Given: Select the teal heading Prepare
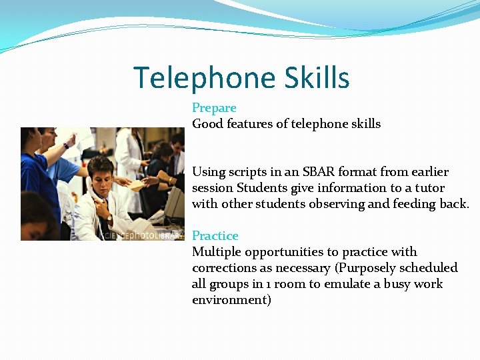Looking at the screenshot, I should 214,108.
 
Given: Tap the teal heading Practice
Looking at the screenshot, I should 215,236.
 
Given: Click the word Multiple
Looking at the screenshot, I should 216,252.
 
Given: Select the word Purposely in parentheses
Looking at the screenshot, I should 368,268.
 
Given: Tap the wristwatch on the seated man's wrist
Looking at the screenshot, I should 109,218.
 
